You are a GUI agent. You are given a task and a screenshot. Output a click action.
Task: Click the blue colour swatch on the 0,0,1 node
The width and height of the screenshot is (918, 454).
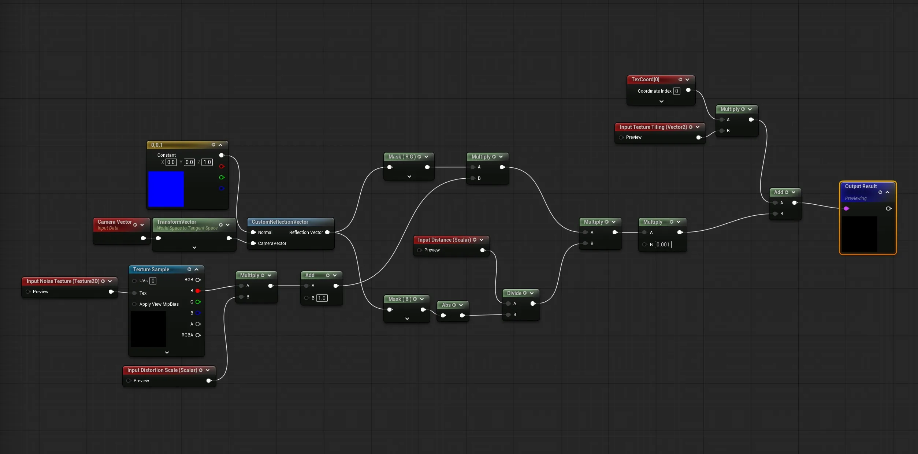166,189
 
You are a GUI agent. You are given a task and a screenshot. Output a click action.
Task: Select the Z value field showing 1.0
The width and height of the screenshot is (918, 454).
207,162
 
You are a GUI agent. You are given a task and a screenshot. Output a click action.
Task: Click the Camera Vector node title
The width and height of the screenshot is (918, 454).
115,222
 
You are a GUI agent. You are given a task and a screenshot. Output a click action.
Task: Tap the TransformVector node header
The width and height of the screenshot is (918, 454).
176,222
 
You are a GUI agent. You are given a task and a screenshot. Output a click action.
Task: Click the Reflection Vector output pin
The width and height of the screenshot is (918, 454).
328,232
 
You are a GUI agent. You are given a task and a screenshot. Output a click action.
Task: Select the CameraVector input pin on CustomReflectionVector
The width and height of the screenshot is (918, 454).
253,243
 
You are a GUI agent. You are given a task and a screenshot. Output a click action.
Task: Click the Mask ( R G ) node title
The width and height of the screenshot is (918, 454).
402,157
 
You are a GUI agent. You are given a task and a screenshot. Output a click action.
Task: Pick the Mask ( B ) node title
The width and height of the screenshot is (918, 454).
400,299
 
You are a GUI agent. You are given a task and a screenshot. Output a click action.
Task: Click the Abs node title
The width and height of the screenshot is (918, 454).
446,305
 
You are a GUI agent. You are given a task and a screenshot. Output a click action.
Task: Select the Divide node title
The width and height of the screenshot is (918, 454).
514,293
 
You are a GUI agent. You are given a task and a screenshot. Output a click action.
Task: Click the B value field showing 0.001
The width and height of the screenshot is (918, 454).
663,245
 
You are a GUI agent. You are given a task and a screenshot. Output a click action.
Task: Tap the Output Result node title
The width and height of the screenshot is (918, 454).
861,186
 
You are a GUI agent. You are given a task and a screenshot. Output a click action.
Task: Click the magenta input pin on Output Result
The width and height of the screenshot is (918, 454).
846,209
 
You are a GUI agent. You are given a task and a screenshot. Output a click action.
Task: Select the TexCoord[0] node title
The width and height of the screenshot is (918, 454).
645,79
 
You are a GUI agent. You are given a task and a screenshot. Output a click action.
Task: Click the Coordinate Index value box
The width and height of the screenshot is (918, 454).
677,91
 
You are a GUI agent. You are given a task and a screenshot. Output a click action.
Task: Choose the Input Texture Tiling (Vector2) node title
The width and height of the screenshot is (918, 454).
653,127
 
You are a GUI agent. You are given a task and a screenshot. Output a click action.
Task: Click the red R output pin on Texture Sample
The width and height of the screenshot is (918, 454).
198,291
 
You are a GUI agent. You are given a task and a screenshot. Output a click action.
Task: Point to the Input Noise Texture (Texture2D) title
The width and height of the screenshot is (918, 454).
63,281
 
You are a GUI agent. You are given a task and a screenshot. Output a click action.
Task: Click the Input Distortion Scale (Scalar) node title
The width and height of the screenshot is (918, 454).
162,370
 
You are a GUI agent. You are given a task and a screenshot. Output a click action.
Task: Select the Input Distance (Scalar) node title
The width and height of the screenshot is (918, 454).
445,240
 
